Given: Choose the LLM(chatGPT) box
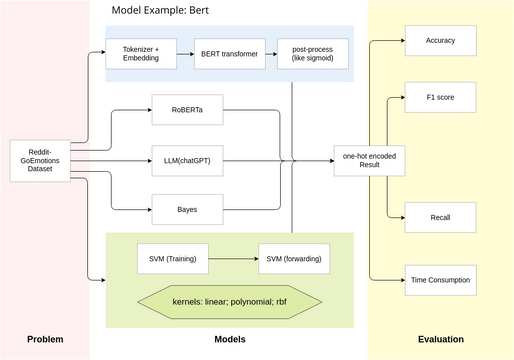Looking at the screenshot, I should click(x=181, y=159).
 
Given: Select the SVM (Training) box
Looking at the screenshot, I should click(x=166, y=258).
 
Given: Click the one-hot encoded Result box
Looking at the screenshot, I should click(x=362, y=159).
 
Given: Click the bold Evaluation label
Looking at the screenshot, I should click(x=440, y=340).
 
